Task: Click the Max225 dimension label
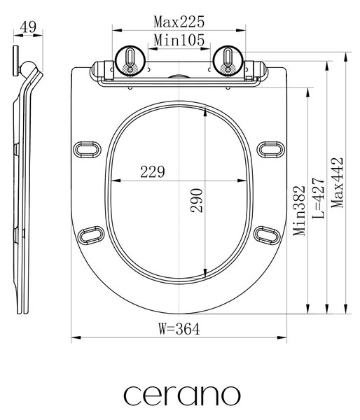(x=179, y=22)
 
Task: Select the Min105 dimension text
(x=179, y=40)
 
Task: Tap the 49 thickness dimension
(x=28, y=27)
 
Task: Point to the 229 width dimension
(x=153, y=172)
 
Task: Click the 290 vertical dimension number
(x=197, y=201)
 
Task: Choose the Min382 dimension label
(x=299, y=210)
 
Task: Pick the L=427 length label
(x=319, y=197)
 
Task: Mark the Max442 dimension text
(x=337, y=183)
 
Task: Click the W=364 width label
(x=179, y=329)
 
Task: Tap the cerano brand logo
(x=181, y=395)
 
